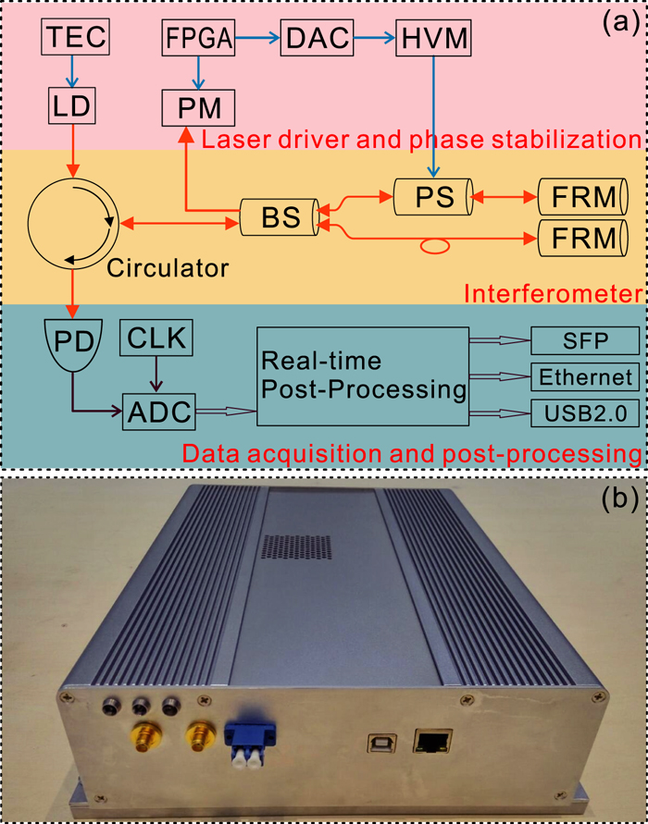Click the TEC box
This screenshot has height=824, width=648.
[x=75, y=38]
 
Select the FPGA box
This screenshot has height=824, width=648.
[x=197, y=39]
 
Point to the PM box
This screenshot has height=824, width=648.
[x=198, y=108]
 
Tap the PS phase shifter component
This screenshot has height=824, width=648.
[x=432, y=197]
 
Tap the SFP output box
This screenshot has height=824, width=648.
[x=584, y=340]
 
